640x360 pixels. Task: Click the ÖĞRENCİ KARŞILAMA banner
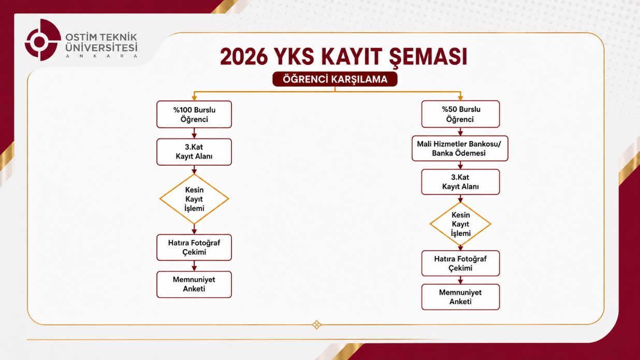click(335, 79)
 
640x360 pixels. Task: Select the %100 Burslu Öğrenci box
click(194, 114)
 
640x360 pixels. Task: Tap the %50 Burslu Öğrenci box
click(460, 114)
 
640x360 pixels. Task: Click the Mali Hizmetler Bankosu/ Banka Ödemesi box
click(460, 148)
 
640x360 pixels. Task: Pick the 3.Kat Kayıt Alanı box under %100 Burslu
click(194, 152)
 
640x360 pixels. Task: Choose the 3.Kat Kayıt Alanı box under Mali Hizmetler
click(460, 182)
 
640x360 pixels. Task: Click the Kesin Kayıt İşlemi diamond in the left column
click(194, 199)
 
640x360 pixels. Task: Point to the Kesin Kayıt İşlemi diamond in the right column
click(460, 224)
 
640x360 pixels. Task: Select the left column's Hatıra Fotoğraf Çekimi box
click(194, 248)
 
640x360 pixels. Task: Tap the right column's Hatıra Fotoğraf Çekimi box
click(460, 264)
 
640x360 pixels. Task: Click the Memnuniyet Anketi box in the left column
click(194, 284)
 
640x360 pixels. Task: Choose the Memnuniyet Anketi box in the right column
click(460, 297)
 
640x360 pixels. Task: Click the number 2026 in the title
click(244, 56)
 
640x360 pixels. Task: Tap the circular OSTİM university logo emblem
click(43, 40)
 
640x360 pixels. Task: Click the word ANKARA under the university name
click(101, 56)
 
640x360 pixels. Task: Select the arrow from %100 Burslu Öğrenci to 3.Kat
click(194, 134)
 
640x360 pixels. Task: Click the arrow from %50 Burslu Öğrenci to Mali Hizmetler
click(460, 132)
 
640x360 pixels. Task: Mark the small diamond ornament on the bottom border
click(316, 325)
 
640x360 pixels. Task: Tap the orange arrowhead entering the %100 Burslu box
click(194, 98)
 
